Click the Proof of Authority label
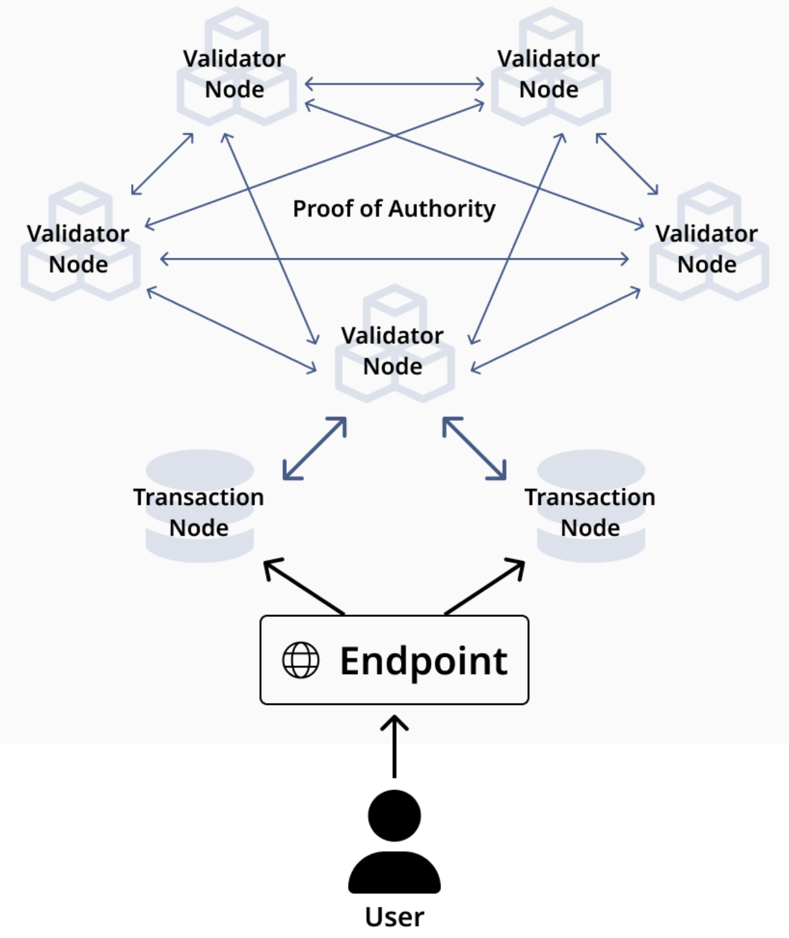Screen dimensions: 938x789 point(394,208)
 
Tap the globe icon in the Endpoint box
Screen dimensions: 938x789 point(300,660)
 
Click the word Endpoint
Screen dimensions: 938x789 point(423,661)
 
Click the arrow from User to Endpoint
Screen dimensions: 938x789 point(394,747)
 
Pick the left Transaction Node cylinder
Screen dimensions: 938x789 point(200,507)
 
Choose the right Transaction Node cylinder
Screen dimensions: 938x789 point(591,507)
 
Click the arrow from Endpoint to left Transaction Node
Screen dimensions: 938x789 point(304,586)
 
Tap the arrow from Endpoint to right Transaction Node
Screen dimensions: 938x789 point(485,586)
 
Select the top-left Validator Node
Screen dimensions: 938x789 point(236,73)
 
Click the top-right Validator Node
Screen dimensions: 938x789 point(550,73)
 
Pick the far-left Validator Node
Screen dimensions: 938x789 point(79,248)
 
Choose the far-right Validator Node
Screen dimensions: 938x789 point(708,248)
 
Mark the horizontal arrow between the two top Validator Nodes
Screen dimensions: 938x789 point(394,84)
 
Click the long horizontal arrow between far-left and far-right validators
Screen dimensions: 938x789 point(394,258)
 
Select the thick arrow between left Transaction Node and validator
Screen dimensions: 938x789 point(314,448)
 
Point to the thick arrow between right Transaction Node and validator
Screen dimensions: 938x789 point(475,448)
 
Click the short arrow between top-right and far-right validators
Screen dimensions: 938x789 point(627,163)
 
